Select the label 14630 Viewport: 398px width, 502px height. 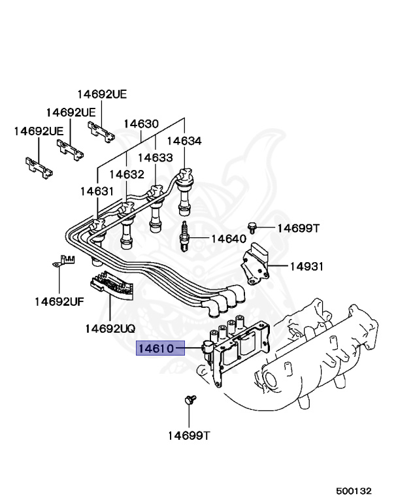pyautogui.click(x=141, y=124)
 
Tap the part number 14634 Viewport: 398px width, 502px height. pyautogui.click(x=184, y=141)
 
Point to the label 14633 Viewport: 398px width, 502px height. pyautogui.click(x=155, y=158)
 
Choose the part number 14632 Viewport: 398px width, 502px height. pyautogui.click(x=126, y=174)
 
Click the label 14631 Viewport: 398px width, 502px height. pyautogui.click(x=97, y=191)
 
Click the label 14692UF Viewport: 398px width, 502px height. pyautogui.click(x=59, y=301)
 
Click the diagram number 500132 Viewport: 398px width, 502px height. pyautogui.click(x=354, y=490)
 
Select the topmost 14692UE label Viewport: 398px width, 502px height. pyautogui.click(x=102, y=94)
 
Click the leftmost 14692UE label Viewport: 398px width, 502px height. pyautogui.click(x=39, y=131)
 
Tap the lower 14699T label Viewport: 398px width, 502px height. pyautogui.click(x=188, y=435)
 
